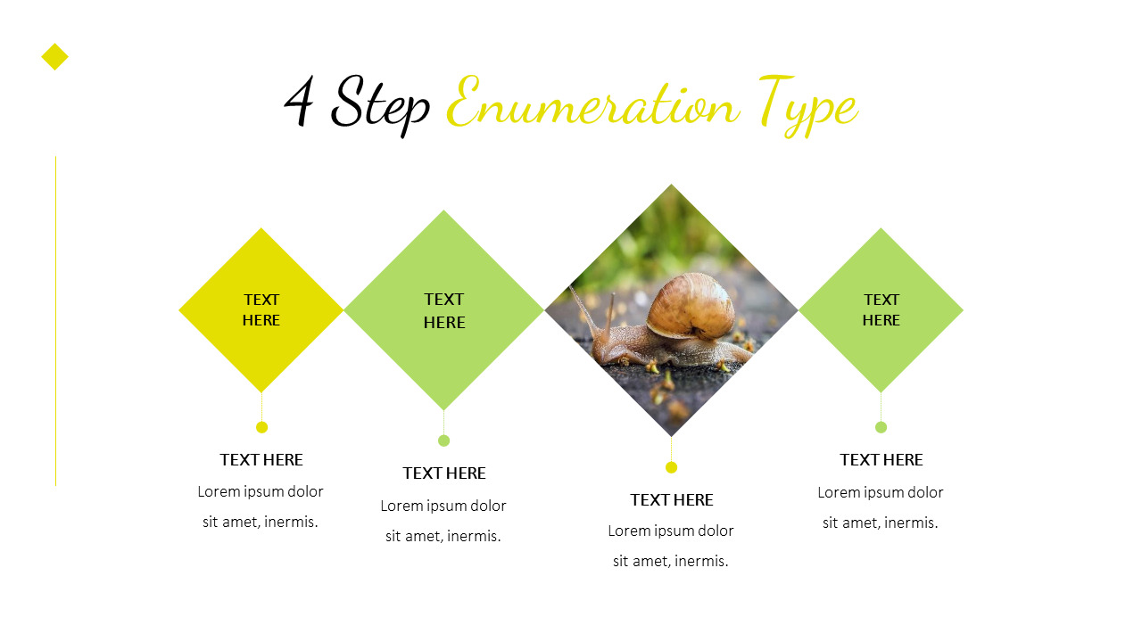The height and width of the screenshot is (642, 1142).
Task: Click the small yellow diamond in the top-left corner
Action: [x=54, y=57]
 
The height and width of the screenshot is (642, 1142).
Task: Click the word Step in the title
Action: [x=380, y=103]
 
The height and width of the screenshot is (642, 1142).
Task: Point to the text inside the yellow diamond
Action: [x=261, y=309]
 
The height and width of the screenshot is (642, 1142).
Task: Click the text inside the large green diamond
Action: [x=444, y=310]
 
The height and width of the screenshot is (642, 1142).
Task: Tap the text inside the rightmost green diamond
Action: [x=881, y=309]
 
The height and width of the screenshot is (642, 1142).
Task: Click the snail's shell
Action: [x=691, y=306]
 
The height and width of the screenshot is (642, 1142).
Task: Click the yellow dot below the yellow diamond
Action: [x=261, y=427]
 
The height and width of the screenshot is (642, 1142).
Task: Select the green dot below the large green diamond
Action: [x=444, y=440]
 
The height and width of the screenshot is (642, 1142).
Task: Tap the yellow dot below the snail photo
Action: [x=672, y=467]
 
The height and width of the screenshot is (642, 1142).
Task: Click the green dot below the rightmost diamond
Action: [x=881, y=427]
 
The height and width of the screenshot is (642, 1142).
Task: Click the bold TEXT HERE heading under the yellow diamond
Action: [x=261, y=460]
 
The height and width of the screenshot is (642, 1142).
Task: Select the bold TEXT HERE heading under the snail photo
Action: [x=672, y=500]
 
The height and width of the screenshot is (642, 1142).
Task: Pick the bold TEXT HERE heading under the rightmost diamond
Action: [x=881, y=460]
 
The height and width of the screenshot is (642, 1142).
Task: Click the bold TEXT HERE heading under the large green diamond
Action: [x=444, y=473]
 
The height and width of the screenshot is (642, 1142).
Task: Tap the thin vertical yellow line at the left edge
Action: [x=55, y=321]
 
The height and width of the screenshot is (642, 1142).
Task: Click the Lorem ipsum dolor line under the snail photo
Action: [x=671, y=531]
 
